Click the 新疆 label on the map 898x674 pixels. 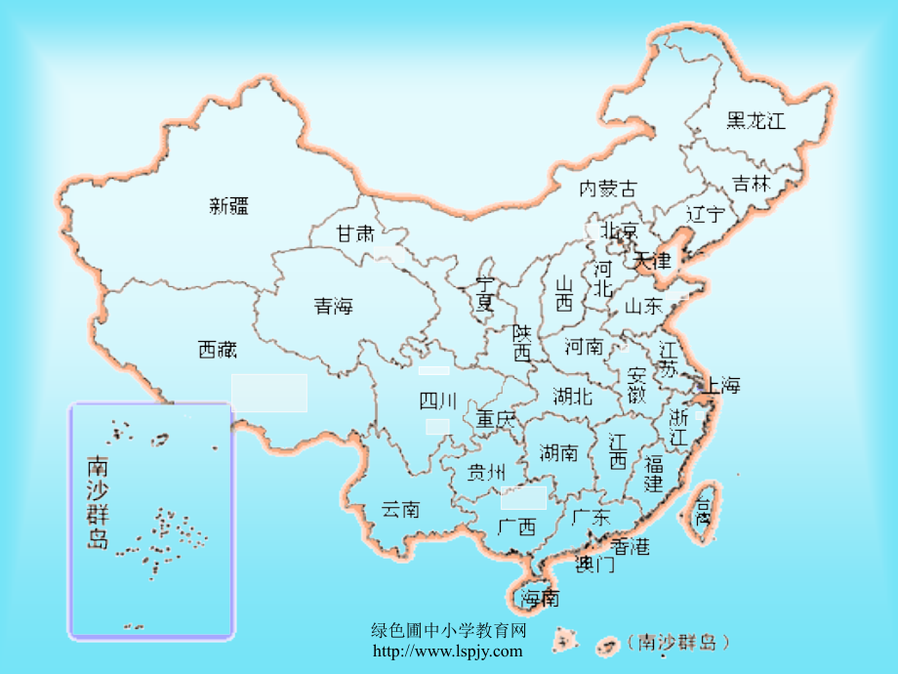229,205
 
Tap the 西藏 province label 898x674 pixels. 218,349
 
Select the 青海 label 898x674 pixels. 333,307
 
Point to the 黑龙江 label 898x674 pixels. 756,121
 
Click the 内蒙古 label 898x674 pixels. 607,188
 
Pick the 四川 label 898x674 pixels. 437,400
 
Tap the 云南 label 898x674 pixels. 400,509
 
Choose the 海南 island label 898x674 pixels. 540,597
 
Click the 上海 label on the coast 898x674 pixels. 719,385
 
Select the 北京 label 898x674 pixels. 619,232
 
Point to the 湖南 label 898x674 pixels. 558,452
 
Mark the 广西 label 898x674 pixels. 516,527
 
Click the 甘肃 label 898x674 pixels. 355,234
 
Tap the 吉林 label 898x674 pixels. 752,184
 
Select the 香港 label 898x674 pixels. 631,547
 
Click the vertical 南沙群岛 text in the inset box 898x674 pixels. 98,502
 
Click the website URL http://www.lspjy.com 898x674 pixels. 448,652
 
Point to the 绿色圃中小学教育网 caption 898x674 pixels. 450,632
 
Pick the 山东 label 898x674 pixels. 643,306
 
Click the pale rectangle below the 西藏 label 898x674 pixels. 269,392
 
